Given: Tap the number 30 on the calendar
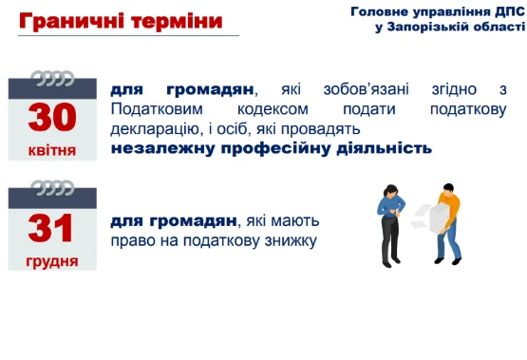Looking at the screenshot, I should click(x=52, y=116).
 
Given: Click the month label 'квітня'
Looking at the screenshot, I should click(x=52, y=149).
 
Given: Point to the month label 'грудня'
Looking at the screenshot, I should click(x=52, y=259).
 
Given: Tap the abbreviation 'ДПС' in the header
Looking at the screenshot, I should click(x=507, y=11).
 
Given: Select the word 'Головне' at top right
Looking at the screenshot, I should click(x=377, y=11).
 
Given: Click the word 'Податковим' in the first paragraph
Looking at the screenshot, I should click(x=157, y=109).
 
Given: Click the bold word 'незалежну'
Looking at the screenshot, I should click(x=156, y=148).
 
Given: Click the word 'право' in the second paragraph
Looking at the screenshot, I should click(x=131, y=240).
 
